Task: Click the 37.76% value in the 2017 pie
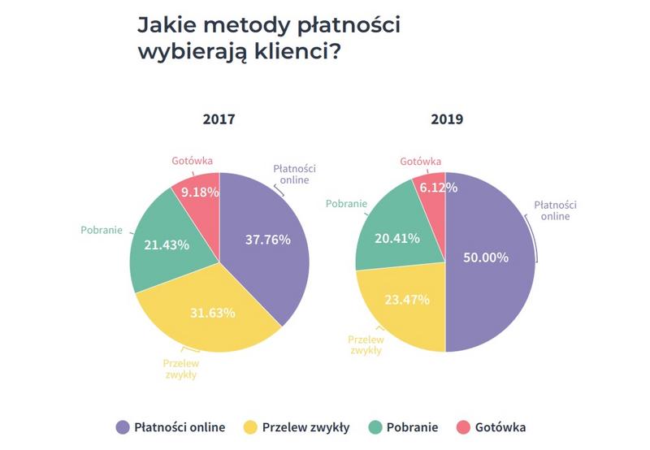[267, 239]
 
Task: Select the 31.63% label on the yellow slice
[212, 312]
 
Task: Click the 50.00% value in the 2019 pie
[486, 257]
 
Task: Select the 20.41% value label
[397, 238]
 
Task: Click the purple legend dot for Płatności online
[123, 427]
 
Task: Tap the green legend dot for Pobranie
[376, 427]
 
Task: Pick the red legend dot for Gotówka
[464, 427]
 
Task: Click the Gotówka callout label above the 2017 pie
[192, 160]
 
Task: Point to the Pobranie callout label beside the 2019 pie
[347, 203]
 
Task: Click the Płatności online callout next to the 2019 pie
[555, 210]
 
